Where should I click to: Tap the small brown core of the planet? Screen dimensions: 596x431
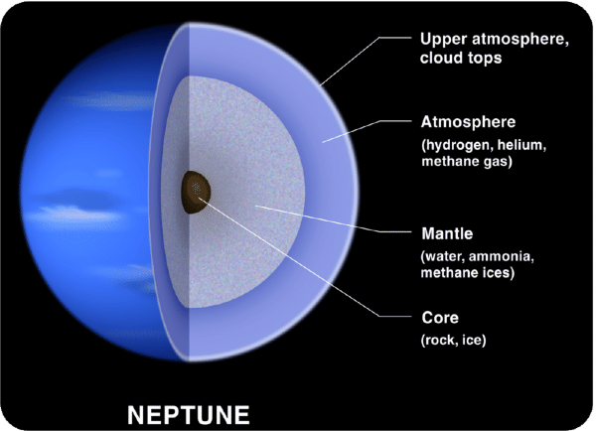(x=195, y=187)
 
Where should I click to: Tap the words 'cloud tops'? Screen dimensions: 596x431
(x=456, y=59)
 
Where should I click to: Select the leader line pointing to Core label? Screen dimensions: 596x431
(x=298, y=254)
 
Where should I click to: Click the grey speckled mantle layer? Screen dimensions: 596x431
(x=248, y=149)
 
